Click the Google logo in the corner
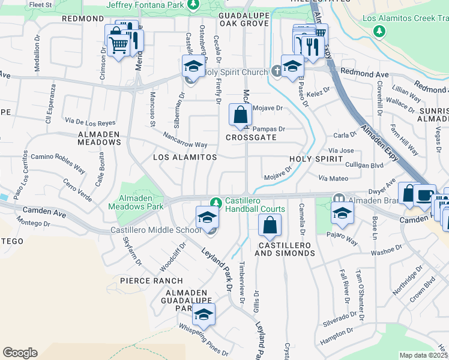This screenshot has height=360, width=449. tap(20, 352)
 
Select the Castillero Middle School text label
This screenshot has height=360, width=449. tap(155, 230)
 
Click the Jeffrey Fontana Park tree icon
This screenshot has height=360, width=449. tap(193, 5)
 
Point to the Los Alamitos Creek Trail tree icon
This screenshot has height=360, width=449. tap(379, 31)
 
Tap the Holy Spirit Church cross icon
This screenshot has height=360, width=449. tap(276, 72)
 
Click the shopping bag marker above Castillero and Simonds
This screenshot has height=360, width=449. tap(270, 226)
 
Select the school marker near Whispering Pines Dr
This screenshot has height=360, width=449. tap(203, 314)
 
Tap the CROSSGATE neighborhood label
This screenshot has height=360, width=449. tap(251, 137)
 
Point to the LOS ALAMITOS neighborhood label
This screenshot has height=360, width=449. tap(184, 157)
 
